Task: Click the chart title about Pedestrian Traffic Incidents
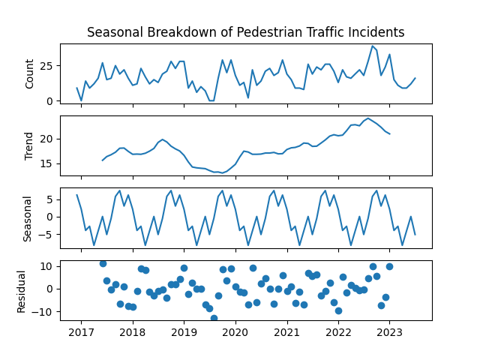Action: [x=246, y=32]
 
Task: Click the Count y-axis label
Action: [x=30, y=73]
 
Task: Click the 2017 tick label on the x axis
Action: [x=82, y=332]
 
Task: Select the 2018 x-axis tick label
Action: [x=133, y=332]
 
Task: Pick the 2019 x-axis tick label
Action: [x=184, y=332]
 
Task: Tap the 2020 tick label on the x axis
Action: [x=235, y=332]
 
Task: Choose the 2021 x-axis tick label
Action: [x=287, y=332]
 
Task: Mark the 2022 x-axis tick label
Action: [x=338, y=332]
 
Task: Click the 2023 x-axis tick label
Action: [x=390, y=332]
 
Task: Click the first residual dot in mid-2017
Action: [x=103, y=263]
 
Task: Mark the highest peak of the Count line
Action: [x=373, y=46]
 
